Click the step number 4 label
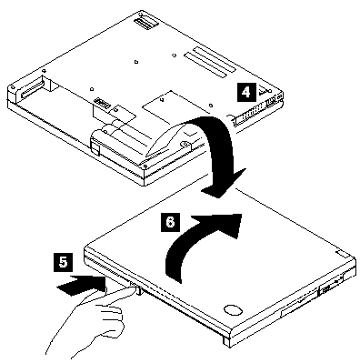[x=245, y=92]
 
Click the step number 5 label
[x=63, y=262]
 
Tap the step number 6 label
[x=170, y=223]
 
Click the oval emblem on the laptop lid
[x=233, y=309]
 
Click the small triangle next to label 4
[x=265, y=89]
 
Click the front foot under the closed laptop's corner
[x=226, y=340]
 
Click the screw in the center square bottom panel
[x=162, y=99]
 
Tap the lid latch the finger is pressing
[x=138, y=288]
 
